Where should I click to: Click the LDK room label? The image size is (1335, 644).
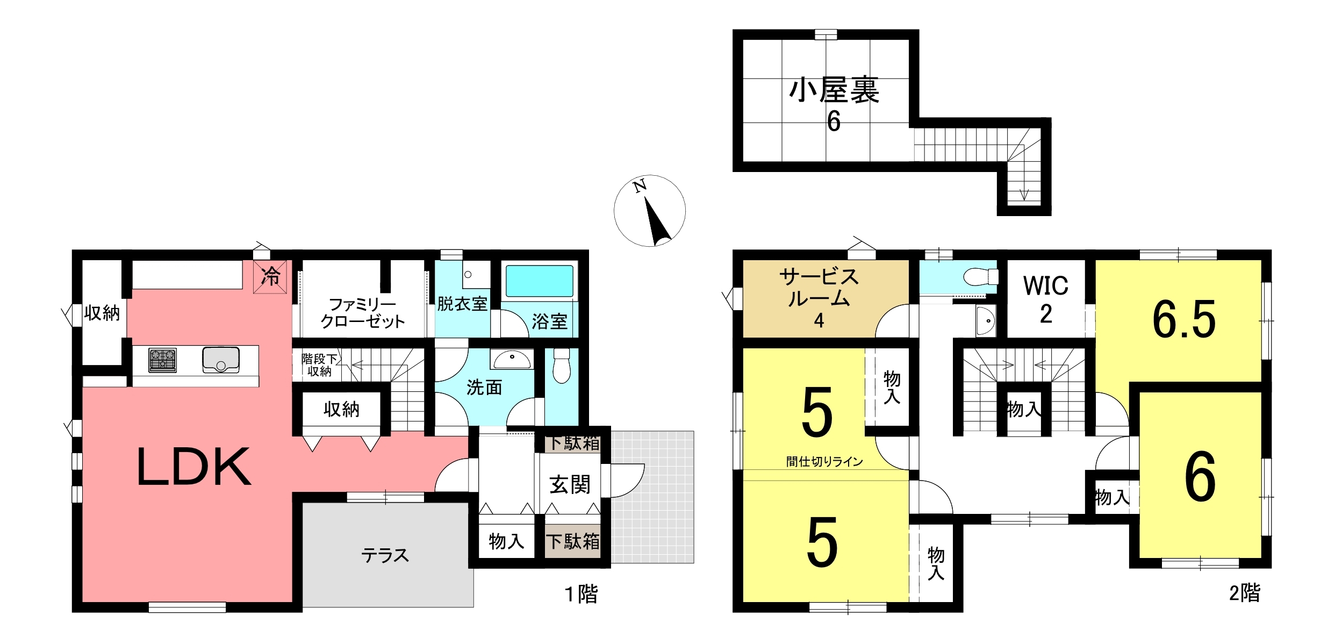[x=194, y=467]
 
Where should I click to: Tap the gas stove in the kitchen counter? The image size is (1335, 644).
[x=162, y=360]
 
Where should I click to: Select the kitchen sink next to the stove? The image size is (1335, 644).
[x=221, y=360]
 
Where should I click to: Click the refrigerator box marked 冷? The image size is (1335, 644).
[x=270, y=277]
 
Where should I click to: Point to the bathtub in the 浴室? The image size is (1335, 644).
[x=540, y=281]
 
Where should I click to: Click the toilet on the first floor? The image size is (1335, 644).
[x=561, y=365]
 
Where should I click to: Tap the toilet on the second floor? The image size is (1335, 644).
[x=981, y=277]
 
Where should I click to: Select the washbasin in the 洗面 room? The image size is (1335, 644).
[x=512, y=359]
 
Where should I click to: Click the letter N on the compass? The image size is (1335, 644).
[x=640, y=187]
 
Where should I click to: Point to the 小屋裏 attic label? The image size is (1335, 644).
[x=834, y=90]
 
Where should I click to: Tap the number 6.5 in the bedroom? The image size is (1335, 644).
[x=1184, y=320]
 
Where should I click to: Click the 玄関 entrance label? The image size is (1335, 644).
[x=570, y=485]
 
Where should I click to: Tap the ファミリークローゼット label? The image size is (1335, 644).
[x=363, y=313]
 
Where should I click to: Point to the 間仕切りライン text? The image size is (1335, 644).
[x=824, y=461]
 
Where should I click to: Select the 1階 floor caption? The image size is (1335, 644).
[x=582, y=595]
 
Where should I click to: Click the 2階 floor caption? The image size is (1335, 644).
[x=1245, y=593]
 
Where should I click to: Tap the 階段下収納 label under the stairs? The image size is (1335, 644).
[x=319, y=365]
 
